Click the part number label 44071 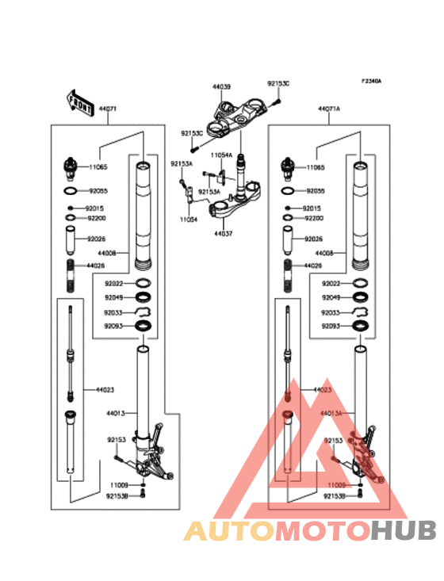(x=107, y=109)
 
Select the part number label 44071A (x=329, y=109)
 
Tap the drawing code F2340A (x=372, y=81)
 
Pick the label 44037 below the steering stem (x=223, y=235)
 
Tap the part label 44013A (x=331, y=413)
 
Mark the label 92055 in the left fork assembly (x=98, y=192)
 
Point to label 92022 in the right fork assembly (x=332, y=284)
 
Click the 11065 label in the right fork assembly (x=316, y=168)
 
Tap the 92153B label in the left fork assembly (x=118, y=495)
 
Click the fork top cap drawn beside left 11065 (x=70, y=168)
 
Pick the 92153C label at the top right (x=277, y=83)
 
